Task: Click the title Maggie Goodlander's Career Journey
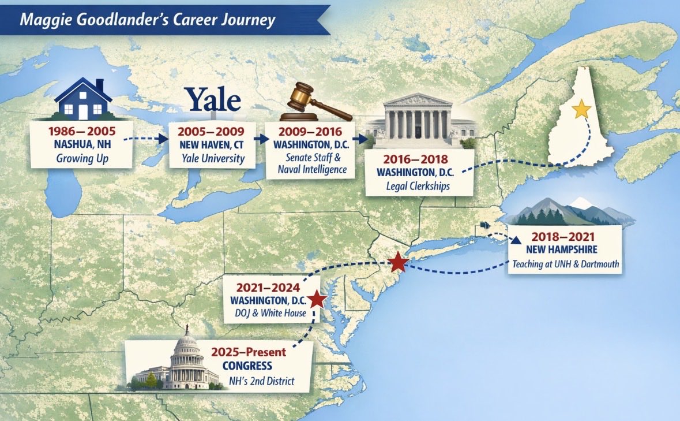tap(148, 20)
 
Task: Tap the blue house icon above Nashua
tap(84, 99)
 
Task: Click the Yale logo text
tap(212, 100)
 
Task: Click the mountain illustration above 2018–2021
tap(568, 211)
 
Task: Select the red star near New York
tap(397, 263)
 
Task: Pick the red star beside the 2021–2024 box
tap(317, 299)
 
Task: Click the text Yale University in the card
tap(212, 159)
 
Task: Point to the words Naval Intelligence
tap(311, 169)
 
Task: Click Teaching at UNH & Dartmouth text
tap(565, 265)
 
